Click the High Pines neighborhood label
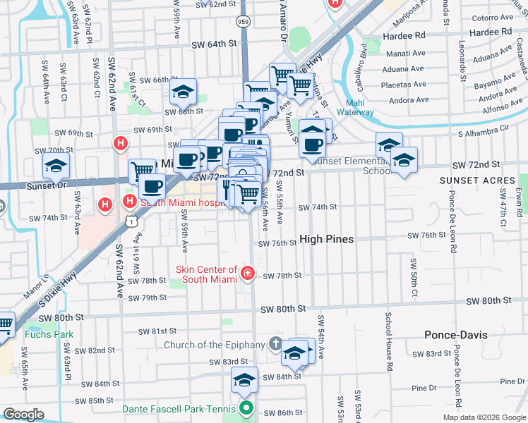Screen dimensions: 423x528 coord(326,239)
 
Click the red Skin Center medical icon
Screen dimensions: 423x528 coord(247,274)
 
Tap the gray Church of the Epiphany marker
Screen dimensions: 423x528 coord(276,345)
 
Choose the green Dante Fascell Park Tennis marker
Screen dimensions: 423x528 coord(246,407)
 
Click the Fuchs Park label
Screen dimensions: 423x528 coord(40,334)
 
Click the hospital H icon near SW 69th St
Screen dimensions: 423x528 coord(121,144)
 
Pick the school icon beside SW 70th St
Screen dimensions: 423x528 coord(56,166)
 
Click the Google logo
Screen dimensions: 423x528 coord(24,415)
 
